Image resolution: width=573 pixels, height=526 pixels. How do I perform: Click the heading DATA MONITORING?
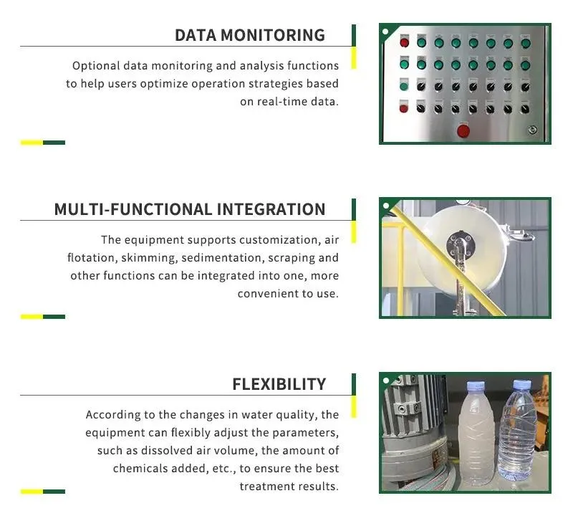click(250, 35)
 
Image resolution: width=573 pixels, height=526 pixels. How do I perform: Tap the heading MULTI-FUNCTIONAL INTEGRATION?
click(190, 209)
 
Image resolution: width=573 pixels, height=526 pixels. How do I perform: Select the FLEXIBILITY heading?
click(279, 384)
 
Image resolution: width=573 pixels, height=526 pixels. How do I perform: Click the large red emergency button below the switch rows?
click(463, 131)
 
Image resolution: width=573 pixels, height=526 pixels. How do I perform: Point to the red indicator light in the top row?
click(404, 43)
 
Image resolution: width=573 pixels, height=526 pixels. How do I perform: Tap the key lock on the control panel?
click(532, 130)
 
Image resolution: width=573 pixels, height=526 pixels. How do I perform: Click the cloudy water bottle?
click(477, 435)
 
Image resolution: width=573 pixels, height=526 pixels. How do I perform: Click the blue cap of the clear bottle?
click(521, 384)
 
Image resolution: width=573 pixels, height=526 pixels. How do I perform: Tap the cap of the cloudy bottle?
click(476, 386)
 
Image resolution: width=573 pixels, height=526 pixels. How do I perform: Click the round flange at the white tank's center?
click(461, 243)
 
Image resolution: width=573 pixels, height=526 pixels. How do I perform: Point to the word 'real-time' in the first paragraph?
click(281, 101)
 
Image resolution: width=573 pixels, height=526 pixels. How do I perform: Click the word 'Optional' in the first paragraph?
click(96, 66)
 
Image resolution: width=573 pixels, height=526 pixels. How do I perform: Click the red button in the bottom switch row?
click(404, 108)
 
